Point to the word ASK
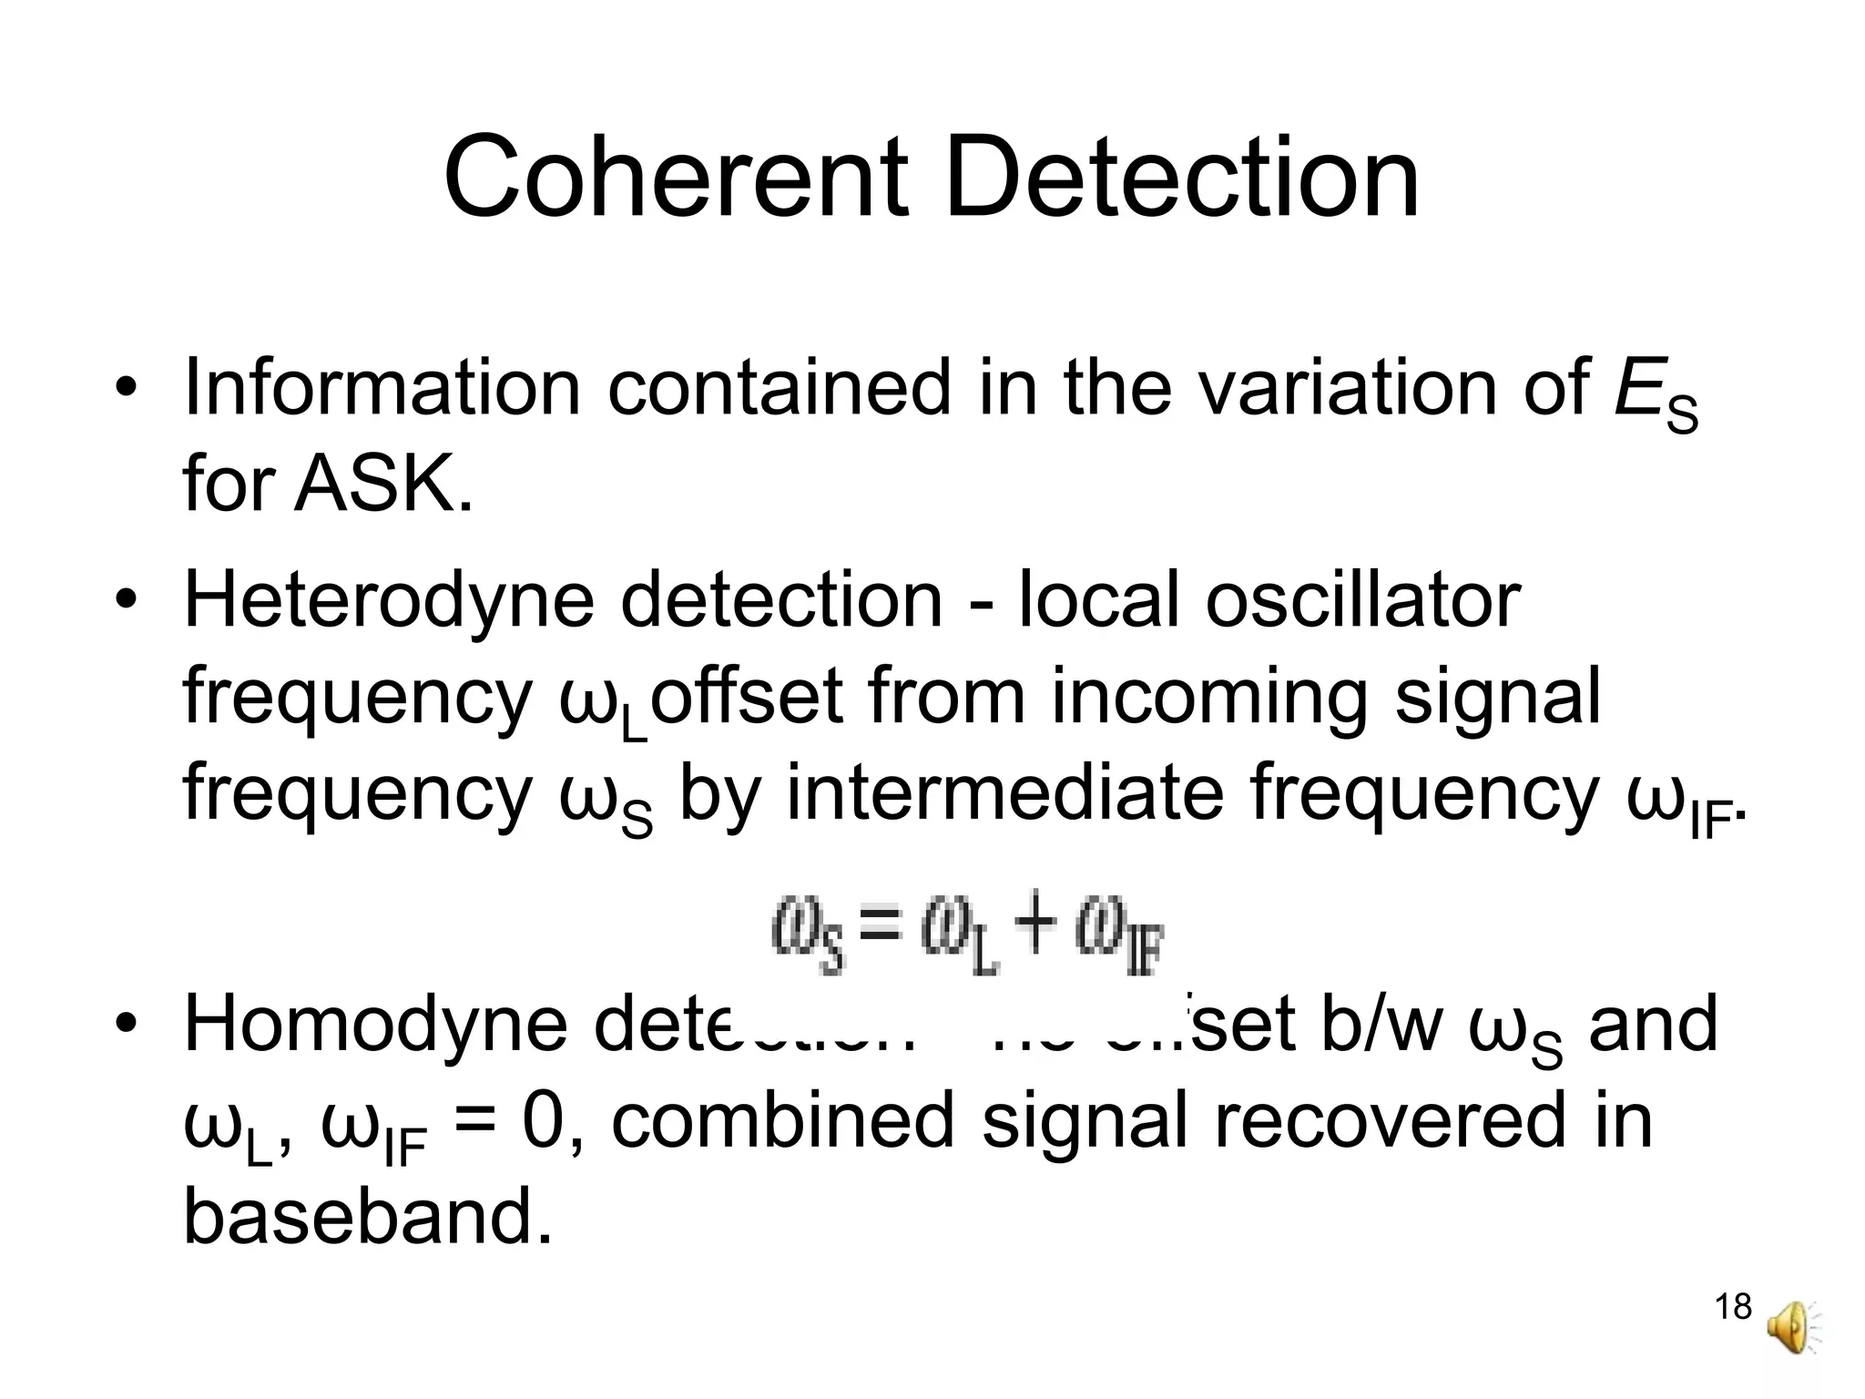click(382, 484)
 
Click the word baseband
click(368, 1218)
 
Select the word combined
click(782, 1121)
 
